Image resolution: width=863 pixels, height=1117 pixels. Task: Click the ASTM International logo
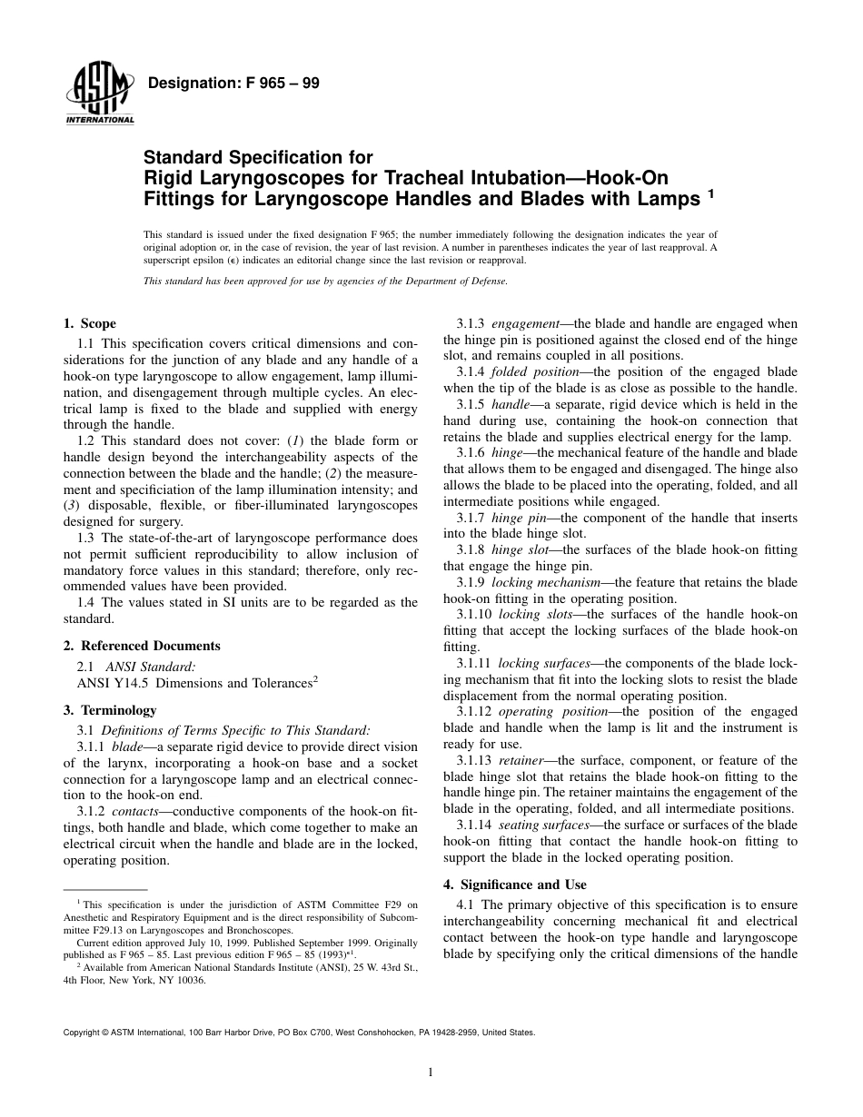[99, 94]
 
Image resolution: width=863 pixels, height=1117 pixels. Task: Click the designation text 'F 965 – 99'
[276, 84]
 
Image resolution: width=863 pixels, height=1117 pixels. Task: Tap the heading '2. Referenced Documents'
[142, 646]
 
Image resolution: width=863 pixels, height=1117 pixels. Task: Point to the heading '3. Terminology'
[110, 710]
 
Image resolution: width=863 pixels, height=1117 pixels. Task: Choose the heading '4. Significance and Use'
[515, 885]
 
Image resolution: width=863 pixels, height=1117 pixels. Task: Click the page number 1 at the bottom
[431, 1072]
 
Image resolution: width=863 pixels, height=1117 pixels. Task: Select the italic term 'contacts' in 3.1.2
[136, 810]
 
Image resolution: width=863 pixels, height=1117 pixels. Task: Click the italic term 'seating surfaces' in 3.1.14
[541, 825]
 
